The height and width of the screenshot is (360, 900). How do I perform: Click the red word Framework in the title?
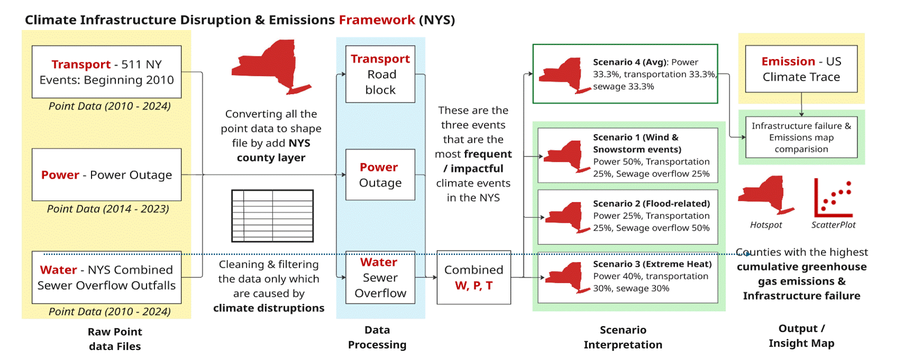tap(376, 20)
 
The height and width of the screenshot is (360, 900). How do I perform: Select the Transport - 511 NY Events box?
tap(106, 72)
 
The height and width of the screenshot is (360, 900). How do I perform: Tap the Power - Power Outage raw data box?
tap(106, 174)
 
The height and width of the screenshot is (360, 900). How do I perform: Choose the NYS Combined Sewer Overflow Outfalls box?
tap(106, 277)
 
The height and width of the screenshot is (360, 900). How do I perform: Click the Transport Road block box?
tap(380, 74)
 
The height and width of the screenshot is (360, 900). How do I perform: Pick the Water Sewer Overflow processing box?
tap(380, 277)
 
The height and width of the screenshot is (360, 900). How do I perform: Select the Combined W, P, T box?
tap(473, 277)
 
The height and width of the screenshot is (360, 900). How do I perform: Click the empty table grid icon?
tap(272, 216)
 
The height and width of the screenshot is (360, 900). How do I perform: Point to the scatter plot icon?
tap(832, 198)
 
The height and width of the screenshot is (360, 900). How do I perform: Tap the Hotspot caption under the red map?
tap(765, 225)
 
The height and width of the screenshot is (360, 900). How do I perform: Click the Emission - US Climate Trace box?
tap(801, 69)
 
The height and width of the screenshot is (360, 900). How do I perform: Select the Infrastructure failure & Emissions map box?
tap(801, 137)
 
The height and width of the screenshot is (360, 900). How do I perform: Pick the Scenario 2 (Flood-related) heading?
tap(651, 203)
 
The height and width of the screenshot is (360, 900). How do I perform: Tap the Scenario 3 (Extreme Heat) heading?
tap(652, 264)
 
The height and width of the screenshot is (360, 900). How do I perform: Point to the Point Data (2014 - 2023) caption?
tap(107, 209)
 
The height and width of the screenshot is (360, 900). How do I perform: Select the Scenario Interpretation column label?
tap(622, 337)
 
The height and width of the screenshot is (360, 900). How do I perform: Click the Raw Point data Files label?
tap(114, 338)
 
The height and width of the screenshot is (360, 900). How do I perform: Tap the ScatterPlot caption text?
tap(833, 225)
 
